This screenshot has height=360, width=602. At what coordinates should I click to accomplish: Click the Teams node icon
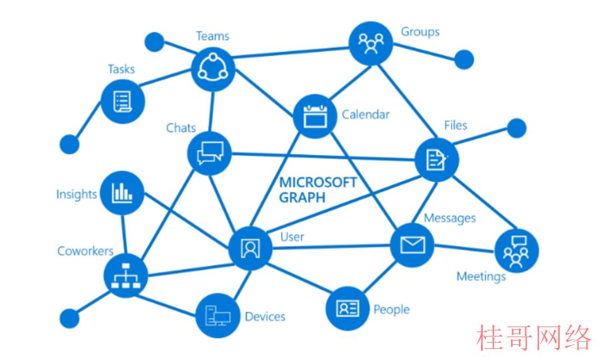(213, 69)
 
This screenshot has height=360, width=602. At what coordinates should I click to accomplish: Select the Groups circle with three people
(371, 43)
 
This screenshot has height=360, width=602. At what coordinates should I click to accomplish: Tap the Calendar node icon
(315, 116)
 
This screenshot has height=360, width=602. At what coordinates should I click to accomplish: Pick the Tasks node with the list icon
(123, 102)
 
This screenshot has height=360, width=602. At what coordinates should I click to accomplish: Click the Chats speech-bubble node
(210, 153)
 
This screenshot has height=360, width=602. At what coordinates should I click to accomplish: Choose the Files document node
(437, 159)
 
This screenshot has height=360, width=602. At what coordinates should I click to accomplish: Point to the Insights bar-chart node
(122, 193)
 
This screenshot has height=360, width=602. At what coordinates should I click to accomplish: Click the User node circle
(250, 249)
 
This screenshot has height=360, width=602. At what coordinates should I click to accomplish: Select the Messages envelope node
(412, 245)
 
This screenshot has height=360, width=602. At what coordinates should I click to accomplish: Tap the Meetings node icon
(516, 251)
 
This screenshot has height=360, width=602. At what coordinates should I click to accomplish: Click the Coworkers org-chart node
(126, 275)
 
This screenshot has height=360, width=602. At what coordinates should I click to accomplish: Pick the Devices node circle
(218, 315)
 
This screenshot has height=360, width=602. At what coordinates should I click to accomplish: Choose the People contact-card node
(348, 308)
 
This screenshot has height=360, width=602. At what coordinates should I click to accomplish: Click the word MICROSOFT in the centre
(318, 182)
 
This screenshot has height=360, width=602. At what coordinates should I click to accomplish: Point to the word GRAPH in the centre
(303, 198)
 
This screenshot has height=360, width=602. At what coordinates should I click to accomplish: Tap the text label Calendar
(366, 114)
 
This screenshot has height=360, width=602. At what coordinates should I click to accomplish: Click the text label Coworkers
(85, 251)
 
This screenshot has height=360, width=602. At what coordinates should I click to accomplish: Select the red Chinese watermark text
(533, 338)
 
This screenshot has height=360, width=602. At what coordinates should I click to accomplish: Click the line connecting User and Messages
(331, 247)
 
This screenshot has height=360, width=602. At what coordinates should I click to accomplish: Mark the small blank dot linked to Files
(517, 128)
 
